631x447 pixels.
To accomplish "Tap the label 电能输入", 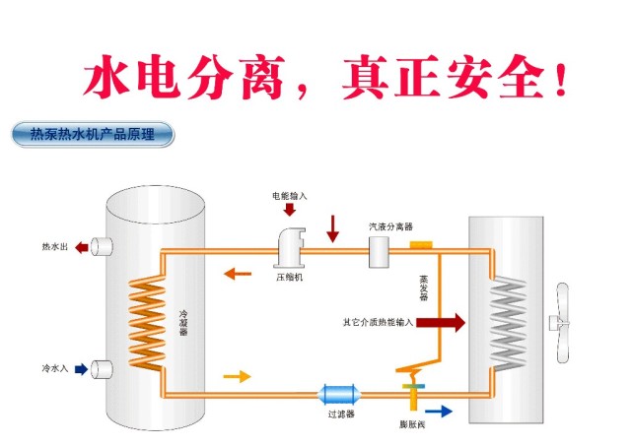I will pyautogui.click(x=290, y=196).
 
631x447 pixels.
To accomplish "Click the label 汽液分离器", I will pyautogui.click(x=390, y=226).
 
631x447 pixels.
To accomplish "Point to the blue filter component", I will pyautogui.click(x=338, y=396).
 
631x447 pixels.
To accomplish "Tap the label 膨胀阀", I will pyautogui.click(x=413, y=424).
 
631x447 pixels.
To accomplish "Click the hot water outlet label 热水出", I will pyautogui.click(x=54, y=246).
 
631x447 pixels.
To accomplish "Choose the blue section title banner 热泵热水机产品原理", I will pyautogui.click(x=91, y=134).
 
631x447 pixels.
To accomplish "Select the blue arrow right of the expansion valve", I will pyautogui.click(x=440, y=412).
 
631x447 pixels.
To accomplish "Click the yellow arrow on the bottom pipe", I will pyautogui.click(x=238, y=376).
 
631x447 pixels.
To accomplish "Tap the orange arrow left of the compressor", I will pyautogui.click(x=236, y=273).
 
